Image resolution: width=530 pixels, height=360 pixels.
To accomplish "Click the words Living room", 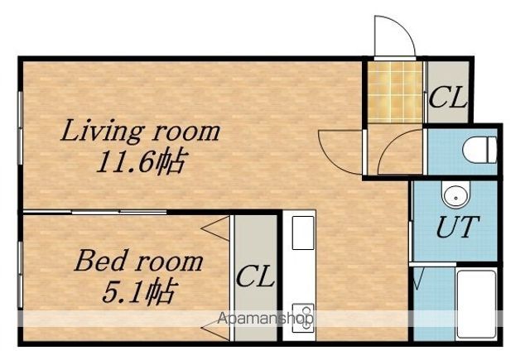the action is [140, 131].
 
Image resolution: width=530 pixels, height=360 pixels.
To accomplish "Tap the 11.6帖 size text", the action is [142, 161].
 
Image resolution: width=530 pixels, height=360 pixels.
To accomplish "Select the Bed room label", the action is [138, 261].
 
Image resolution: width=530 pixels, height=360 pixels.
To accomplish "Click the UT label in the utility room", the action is [457, 226].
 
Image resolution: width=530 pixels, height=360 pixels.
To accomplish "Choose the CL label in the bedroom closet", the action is [255, 276].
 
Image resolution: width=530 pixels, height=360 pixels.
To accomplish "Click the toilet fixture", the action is [479, 149].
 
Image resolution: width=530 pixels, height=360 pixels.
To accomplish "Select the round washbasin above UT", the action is [455, 195].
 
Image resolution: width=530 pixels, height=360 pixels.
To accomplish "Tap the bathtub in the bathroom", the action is [477, 305].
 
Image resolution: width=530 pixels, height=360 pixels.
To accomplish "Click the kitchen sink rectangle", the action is [303, 233].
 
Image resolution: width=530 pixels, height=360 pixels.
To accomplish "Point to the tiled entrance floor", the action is [395, 92].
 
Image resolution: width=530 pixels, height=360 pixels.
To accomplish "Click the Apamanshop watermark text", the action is [265, 318].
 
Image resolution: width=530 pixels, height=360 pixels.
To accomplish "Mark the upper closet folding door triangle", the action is [216, 228].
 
